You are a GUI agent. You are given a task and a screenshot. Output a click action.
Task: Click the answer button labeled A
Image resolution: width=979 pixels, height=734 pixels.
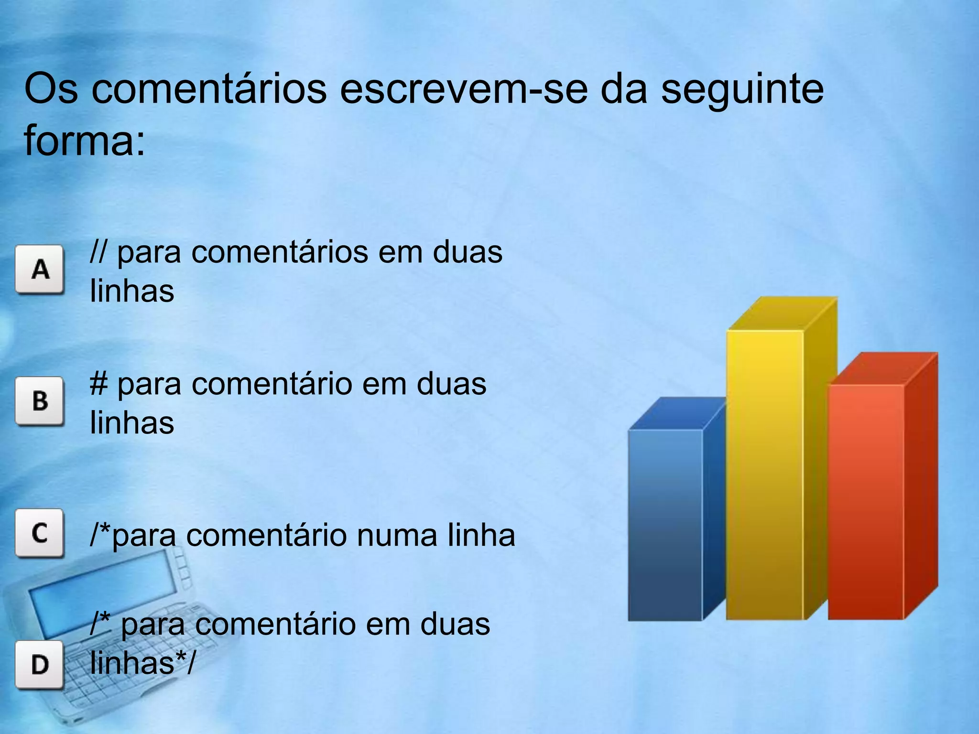tap(39, 269)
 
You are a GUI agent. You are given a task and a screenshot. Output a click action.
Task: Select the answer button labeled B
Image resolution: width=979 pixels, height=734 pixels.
tap(39, 401)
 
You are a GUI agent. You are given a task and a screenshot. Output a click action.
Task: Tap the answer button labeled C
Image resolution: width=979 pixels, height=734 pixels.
tap(39, 533)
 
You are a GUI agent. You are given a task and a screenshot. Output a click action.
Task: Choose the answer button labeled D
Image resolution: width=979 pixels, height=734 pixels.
tap(39, 665)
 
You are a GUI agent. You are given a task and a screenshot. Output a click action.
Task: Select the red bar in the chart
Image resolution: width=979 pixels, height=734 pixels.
tap(866, 502)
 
